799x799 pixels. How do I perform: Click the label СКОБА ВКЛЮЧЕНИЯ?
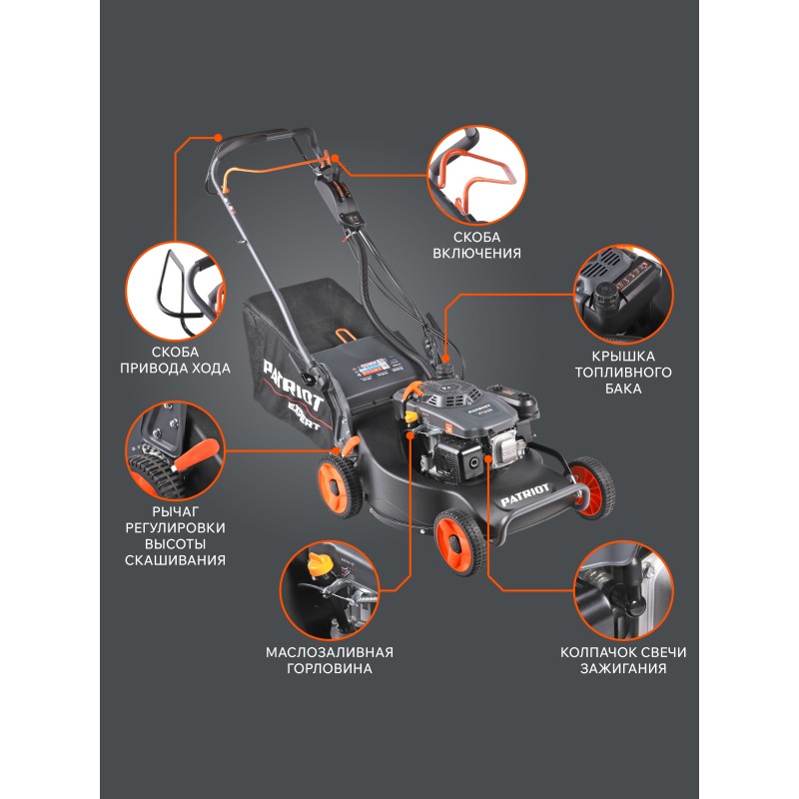[x=477, y=245]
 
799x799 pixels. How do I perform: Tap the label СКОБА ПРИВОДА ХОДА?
[x=176, y=360]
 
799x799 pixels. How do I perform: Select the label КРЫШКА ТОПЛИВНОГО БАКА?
[x=623, y=372]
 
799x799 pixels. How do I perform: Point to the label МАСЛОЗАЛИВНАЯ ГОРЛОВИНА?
[x=330, y=660]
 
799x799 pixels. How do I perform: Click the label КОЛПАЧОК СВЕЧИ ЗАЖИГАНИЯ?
[x=623, y=660]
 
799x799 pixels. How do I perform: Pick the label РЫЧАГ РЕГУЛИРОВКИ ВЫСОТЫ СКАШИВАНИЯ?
[x=176, y=535]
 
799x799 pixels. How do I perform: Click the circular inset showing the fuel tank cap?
[x=623, y=295]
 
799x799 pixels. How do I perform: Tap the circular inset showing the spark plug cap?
[x=623, y=591]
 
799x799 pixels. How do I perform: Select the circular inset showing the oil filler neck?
[x=330, y=591]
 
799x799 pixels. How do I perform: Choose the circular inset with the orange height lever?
[x=176, y=450]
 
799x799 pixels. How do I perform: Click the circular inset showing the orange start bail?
[x=477, y=176]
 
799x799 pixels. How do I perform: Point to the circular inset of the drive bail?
[x=176, y=291]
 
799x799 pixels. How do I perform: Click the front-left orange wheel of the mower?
[x=460, y=542]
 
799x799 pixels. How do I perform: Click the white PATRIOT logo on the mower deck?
[x=525, y=494]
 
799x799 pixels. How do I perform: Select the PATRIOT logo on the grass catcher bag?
[x=294, y=386]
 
